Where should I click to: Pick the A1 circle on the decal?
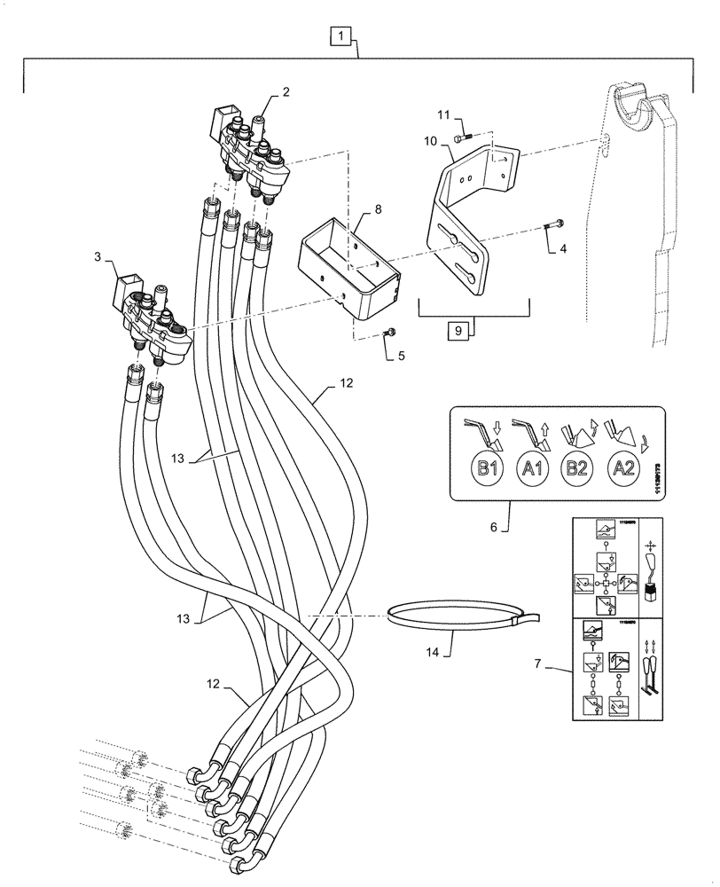pos(533,469)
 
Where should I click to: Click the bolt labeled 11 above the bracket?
pos(458,137)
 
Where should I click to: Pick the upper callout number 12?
pos(345,385)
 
